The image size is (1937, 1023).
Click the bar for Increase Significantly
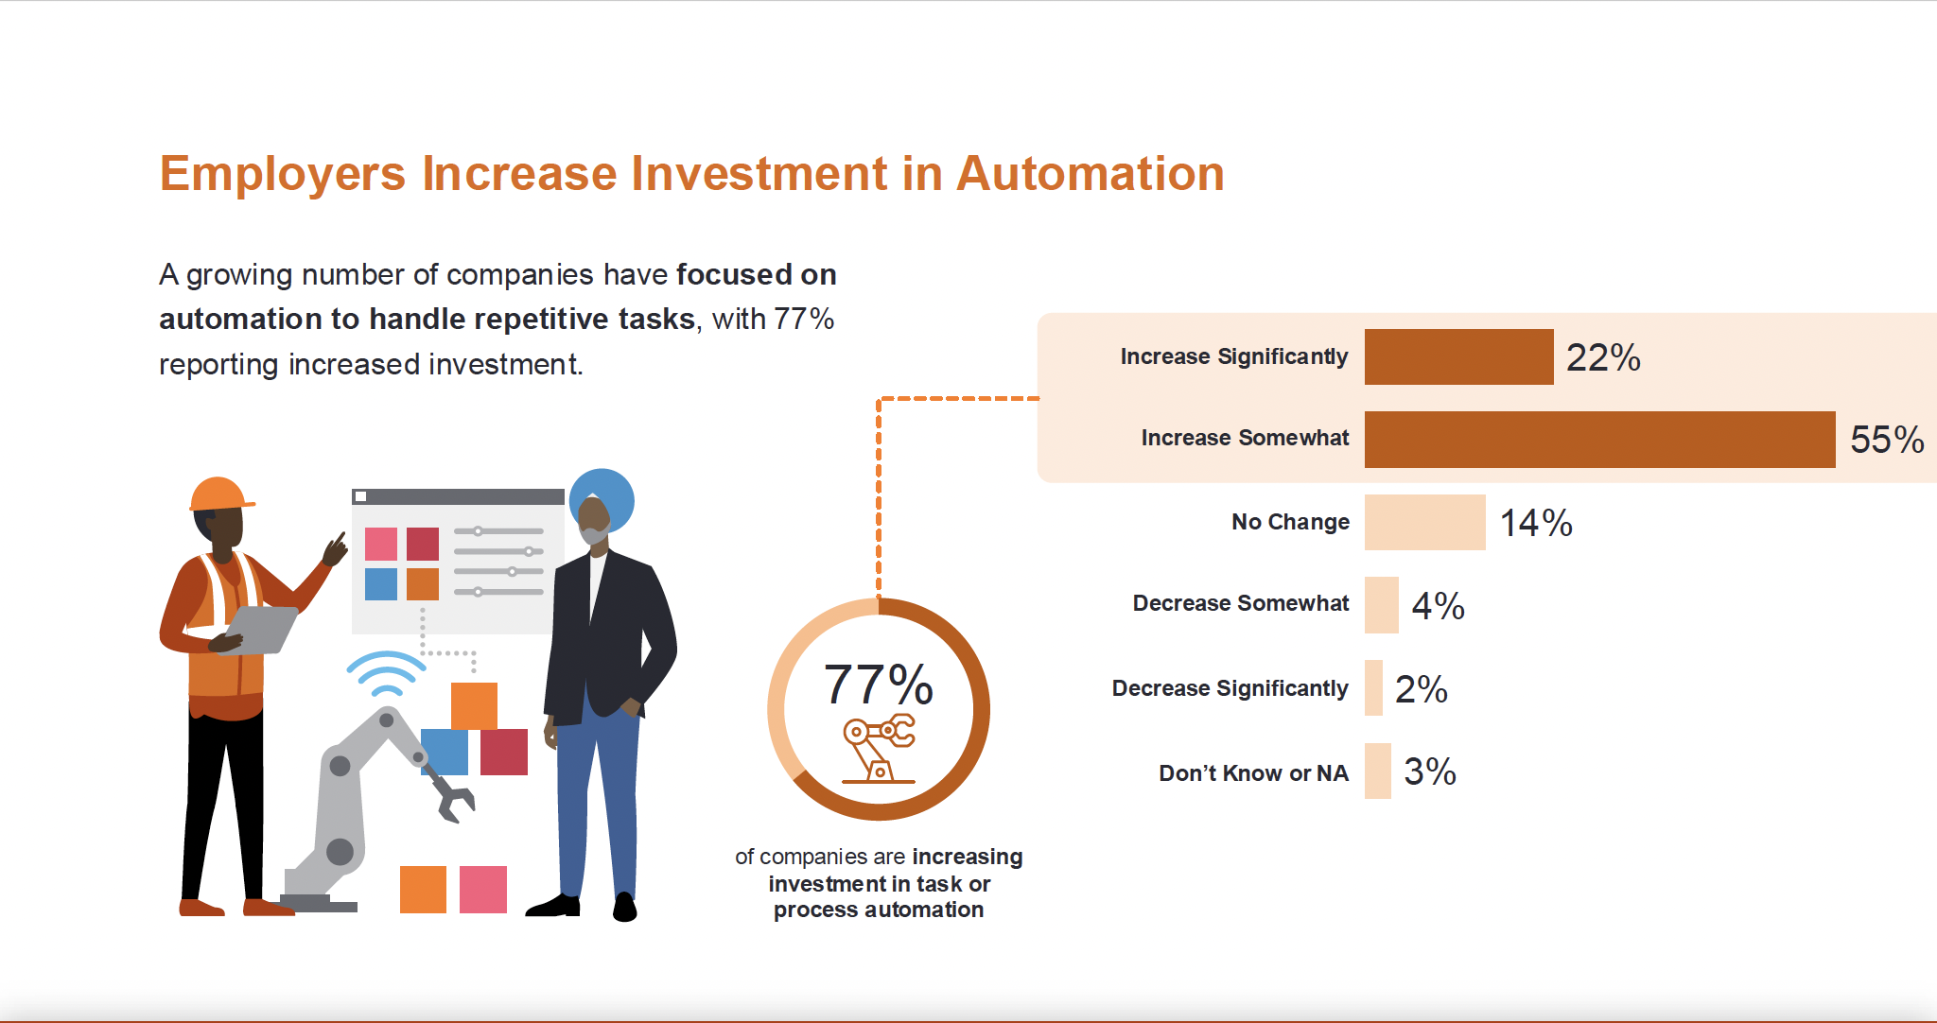click(1458, 356)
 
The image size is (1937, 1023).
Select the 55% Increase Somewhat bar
click(1598, 439)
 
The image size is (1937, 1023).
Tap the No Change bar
click(1424, 522)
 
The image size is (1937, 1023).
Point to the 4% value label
click(1438, 605)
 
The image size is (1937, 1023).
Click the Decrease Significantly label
click(1230, 688)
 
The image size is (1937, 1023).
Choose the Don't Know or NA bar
click(1377, 772)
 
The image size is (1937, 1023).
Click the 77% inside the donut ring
click(878, 685)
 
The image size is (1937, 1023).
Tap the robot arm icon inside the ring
click(879, 749)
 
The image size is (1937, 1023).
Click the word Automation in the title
click(1090, 174)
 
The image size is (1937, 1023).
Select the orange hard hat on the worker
click(219, 494)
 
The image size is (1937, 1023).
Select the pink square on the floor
click(482, 889)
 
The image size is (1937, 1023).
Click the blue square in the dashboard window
click(381, 584)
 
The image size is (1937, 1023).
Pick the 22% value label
click(1602, 357)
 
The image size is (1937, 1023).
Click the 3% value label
click(1429, 772)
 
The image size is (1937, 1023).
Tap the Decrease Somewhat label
click(1240, 603)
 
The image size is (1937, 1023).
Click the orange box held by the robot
click(474, 705)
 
